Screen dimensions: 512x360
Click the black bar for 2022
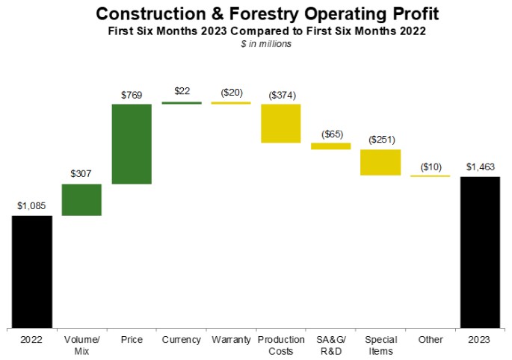click(x=32, y=272)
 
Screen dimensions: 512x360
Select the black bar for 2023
click(x=480, y=252)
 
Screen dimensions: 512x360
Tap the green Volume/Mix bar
click(x=81, y=199)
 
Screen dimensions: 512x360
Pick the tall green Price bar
click(x=132, y=144)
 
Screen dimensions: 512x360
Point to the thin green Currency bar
click(x=182, y=103)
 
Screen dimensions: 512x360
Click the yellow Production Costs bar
click(x=281, y=123)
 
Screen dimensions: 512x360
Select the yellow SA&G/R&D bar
click(x=331, y=146)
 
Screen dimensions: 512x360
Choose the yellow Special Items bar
click(x=380, y=162)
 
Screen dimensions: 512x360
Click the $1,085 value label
click(x=31, y=206)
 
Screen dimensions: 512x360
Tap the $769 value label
click(x=132, y=95)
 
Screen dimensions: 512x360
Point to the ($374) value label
click(x=282, y=95)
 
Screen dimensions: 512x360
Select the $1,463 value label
click(x=481, y=167)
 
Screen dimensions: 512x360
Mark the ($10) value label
click(x=431, y=167)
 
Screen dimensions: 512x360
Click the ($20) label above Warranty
click(x=232, y=93)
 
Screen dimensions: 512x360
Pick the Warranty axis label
click(x=231, y=340)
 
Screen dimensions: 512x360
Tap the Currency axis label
click(x=181, y=340)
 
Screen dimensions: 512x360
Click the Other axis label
click(x=431, y=340)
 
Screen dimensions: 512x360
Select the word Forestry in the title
click(x=264, y=13)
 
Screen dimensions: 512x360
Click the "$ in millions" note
click(x=266, y=44)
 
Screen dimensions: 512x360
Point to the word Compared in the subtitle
click(x=266, y=31)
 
